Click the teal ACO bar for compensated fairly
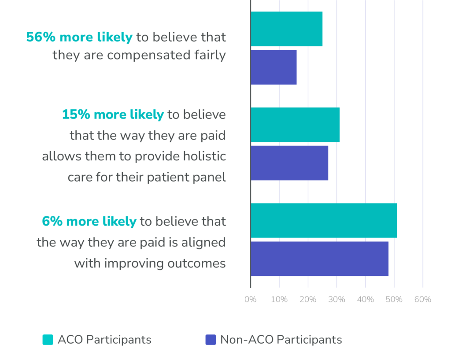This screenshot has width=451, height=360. click(286, 29)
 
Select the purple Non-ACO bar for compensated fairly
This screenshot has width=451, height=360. click(274, 67)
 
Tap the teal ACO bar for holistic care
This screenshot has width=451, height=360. click(295, 125)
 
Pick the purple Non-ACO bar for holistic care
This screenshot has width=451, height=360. click(289, 163)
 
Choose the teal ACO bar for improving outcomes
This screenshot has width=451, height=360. click(324, 220)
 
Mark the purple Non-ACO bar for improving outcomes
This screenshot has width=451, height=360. click(319, 259)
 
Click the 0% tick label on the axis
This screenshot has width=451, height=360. click(250, 300)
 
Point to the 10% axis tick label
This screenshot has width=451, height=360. click(279, 300)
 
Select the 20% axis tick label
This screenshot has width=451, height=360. click(308, 300)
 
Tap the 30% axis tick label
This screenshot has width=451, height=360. click(336, 300)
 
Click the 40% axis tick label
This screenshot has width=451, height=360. click(365, 300)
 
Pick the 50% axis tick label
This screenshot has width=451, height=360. click(394, 300)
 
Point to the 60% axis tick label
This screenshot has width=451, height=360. click(422, 300)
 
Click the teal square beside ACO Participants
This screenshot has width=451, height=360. click(48, 340)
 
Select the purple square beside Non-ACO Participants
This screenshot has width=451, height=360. click(211, 340)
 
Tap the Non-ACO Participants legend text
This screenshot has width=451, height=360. click(281, 340)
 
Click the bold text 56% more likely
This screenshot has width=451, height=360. click(79, 37)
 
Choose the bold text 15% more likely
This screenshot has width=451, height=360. click(113, 115)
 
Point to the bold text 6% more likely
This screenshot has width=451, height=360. click(89, 221)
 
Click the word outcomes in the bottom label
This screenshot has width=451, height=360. click(196, 264)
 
